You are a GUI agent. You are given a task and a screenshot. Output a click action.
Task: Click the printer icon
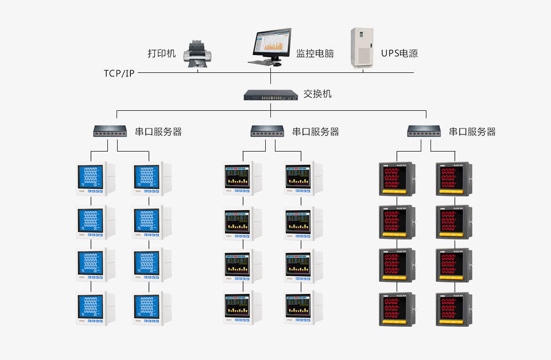click(x=197, y=55)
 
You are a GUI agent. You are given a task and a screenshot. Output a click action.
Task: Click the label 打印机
click(x=161, y=54)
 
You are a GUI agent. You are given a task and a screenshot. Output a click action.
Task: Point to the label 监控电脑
click(x=315, y=54)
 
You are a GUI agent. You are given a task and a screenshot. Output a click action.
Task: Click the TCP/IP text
click(x=119, y=73)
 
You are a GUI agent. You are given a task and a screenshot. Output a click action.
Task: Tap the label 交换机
click(x=317, y=94)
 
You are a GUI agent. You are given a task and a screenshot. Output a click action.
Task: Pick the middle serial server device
click(x=269, y=131)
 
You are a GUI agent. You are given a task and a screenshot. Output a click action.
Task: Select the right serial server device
click(x=425, y=131)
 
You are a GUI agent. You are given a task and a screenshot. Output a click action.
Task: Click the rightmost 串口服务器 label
click(x=472, y=132)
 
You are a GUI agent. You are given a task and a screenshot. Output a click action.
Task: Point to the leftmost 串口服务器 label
click(x=158, y=132)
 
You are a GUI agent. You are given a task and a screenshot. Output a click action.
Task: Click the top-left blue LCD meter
click(x=92, y=180)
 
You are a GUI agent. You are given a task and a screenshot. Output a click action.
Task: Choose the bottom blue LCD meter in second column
click(x=148, y=309)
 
